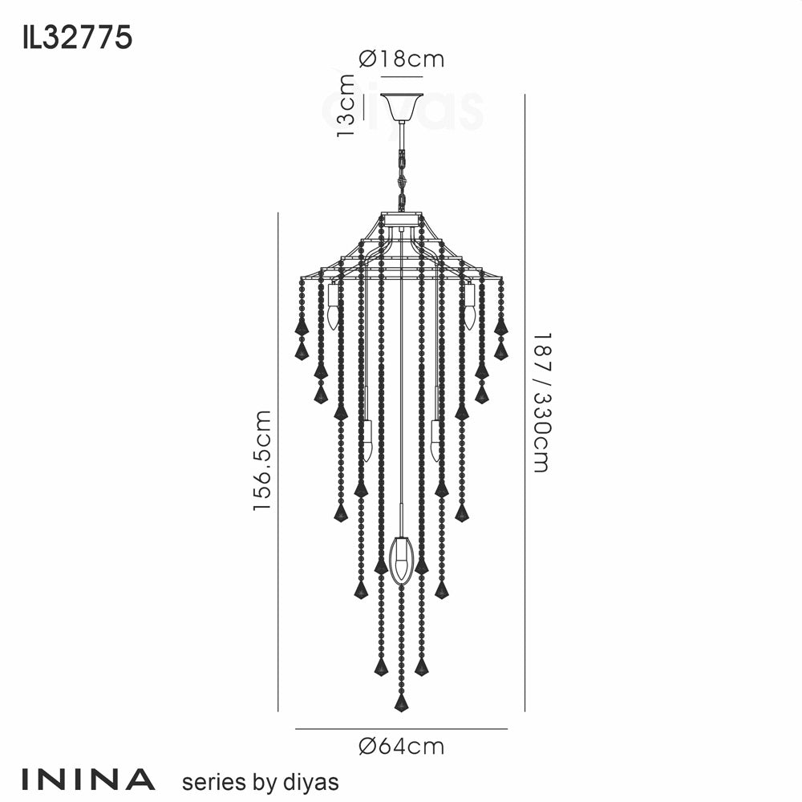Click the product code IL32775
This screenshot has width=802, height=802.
(77, 38)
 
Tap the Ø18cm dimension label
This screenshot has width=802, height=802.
(402, 59)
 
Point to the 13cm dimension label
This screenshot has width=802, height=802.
(346, 106)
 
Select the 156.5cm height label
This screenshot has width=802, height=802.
(262, 460)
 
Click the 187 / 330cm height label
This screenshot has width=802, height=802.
(541, 403)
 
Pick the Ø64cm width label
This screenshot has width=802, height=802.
(402, 747)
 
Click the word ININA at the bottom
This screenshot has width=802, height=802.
(88, 779)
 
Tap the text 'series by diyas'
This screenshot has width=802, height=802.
(261, 783)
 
